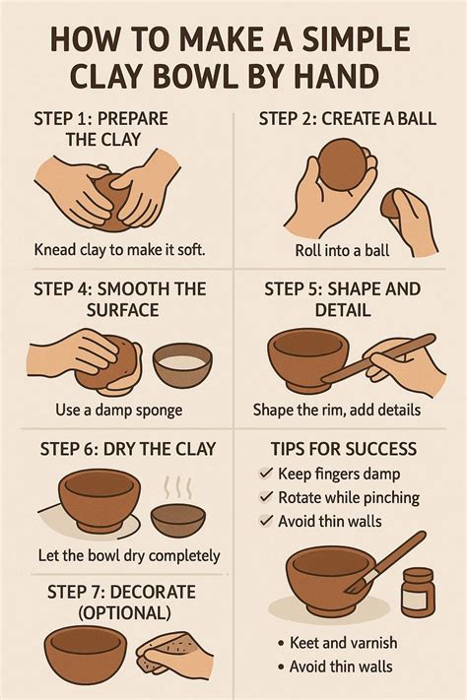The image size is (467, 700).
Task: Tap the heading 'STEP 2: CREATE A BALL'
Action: pos(347,119)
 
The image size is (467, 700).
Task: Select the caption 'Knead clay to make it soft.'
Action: pos(120,249)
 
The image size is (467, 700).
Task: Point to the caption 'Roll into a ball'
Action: pos(342,250)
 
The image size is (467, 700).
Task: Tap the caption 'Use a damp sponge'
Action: pos(119,410)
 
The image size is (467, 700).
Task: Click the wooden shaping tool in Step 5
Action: pos(378,358)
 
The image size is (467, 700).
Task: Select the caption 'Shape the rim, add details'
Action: pos(337,410)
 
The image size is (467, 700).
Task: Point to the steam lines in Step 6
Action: pos(178,487)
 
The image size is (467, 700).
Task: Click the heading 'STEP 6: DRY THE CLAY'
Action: pos(128,449)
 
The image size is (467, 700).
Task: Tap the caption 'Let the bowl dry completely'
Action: pos(129,556)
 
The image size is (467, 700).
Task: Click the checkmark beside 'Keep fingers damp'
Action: pos(266,473)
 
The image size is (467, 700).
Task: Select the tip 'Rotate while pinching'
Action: pos(349,497)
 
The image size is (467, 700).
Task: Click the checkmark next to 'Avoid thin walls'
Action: pos(266,520)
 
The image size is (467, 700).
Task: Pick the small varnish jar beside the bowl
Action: pos(418,592)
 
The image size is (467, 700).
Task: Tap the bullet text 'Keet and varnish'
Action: pos(343,643)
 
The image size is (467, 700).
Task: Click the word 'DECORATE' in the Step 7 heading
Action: pos(153,593)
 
